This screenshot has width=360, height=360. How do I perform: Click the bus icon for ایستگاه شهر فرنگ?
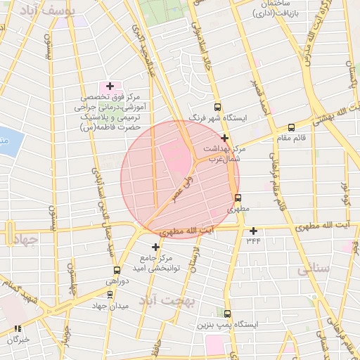tap(217, 108)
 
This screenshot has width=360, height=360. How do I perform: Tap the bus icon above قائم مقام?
tap(291, 127)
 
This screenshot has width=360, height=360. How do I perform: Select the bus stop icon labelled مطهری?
tap(238, 198)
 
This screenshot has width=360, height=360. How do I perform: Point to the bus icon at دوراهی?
tap(117, 270)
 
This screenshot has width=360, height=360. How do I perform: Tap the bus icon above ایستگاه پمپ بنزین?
tap(227, 313)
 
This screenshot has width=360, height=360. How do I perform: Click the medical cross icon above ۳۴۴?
tap(253, 231)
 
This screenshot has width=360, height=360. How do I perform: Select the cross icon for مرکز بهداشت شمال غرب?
tap(224, 139)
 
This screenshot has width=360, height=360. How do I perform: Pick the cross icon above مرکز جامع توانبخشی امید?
tap(155, 247)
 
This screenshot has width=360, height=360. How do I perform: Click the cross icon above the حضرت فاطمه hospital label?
tap(110, 86)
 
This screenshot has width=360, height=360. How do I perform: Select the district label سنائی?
tap(313, 269)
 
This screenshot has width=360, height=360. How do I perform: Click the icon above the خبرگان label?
tap(18, 328)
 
